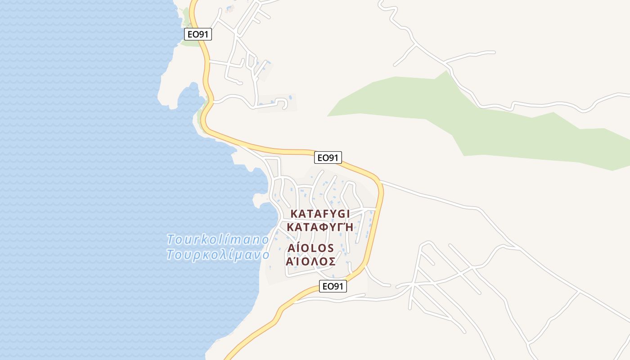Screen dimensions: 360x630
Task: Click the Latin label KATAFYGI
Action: [x=320, y=214]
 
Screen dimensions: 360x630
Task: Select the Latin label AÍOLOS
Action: [x=310, y=248]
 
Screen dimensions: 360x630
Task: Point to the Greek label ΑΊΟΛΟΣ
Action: [x=310, y=261]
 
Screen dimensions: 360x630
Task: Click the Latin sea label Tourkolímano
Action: [x=217, y=239]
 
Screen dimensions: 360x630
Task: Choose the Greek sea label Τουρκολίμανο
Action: [x=217, y=255]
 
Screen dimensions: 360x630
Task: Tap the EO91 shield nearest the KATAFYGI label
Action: [x=328, y=157]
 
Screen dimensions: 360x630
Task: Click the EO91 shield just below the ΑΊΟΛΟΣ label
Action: [x=333, y=286]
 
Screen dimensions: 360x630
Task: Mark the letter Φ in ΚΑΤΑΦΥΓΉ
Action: [x=320, y=227]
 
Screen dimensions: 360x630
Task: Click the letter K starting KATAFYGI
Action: [x=295, y=214]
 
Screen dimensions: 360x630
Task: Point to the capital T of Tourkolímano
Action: [x=171, y=239]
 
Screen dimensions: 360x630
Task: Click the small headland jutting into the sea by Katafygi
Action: [x=260, y=200]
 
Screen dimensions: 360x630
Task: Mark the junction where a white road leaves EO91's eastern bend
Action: [x=381, y=182]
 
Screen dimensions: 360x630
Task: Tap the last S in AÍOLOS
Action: [x=330, y=248]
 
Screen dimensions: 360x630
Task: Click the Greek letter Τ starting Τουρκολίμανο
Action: [x=171, y=255]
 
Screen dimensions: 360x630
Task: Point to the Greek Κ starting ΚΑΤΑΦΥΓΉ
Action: [x=291, y=227]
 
